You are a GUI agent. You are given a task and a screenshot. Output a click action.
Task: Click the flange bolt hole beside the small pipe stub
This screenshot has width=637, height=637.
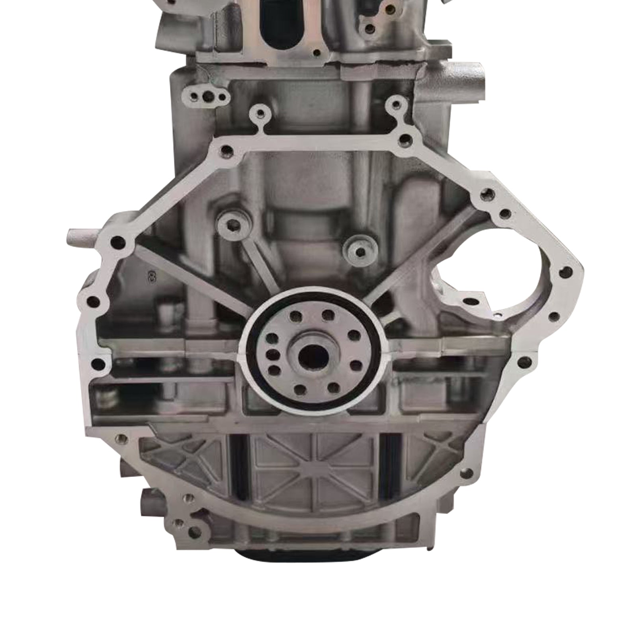click(x=117, y=241)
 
